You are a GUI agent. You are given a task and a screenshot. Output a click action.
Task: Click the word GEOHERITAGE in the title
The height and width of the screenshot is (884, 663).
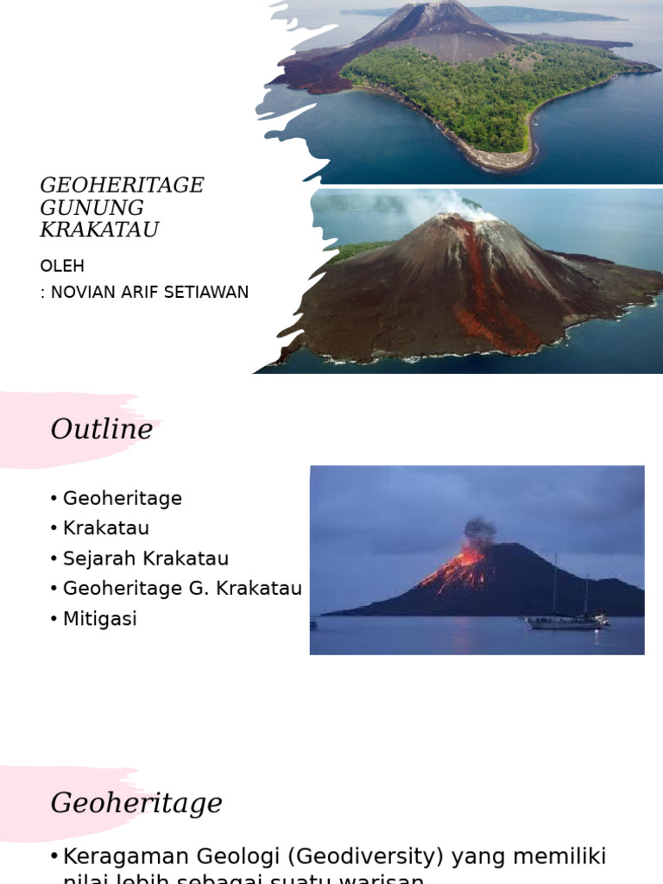(x=122, y=186)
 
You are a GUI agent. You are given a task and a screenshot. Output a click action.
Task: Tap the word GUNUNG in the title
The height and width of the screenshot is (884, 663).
(x=92, y=208)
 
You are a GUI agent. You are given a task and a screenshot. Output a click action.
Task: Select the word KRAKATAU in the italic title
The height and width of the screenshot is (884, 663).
(x=99, y=230)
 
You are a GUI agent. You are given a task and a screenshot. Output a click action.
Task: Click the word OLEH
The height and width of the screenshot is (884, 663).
(x=62, y=266)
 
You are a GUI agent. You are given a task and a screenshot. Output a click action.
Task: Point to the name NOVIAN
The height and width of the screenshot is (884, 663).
(x=82, y=292)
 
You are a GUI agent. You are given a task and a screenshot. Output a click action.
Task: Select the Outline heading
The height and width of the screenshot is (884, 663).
(x=101, y=429)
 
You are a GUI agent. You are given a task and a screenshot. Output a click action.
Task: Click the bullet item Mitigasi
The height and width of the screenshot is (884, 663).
(x=99, y=619)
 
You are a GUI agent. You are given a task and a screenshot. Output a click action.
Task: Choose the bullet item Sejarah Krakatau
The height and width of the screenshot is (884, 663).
(x=145, y=559)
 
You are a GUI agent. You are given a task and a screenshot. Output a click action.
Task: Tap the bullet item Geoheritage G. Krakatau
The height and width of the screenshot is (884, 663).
(x=182, y=589)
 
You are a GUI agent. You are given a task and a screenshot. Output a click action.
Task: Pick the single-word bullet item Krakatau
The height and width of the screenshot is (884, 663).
(x=106, y=528)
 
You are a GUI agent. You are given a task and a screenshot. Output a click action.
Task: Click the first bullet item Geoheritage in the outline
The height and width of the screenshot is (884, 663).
(x=122, y=498)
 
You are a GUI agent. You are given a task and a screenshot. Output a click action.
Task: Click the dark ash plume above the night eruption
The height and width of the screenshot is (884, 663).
(x=480, y=528)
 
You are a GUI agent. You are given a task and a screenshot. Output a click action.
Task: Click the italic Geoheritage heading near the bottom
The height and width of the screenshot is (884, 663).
(x=136, y=803)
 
